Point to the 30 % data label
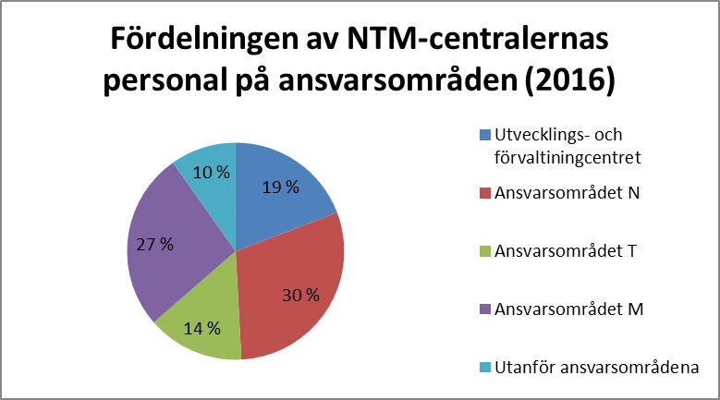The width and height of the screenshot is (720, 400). [x=301, y=296]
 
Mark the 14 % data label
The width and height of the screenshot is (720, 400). [x=201, y=328]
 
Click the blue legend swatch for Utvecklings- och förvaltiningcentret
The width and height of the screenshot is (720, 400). [x=486, y=136]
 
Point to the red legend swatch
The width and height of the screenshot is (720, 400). [x=486, y=194]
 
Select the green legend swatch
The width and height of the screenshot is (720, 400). [x=486, y=251]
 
